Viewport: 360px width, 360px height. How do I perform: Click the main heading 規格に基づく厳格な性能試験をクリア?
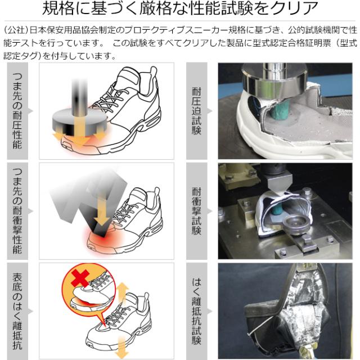[180, 10]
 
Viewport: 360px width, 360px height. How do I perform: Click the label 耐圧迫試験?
[196, 111]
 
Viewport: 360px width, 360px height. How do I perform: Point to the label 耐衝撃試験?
[196, 210]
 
